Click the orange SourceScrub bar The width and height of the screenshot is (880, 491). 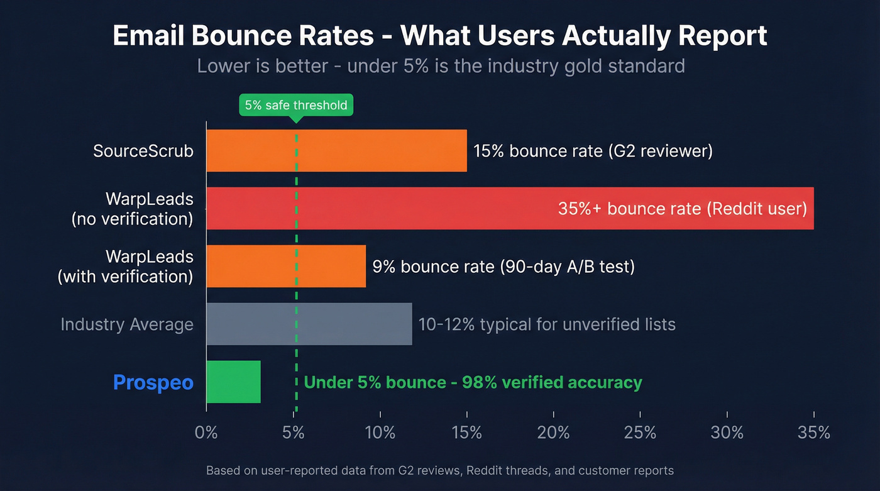(336, 151)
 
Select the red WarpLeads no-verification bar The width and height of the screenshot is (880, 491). (377, 209)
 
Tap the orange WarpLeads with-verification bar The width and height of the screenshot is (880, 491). (286, 267)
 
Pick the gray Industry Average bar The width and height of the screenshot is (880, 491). (309, 324)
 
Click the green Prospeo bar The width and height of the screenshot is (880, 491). (233, 382)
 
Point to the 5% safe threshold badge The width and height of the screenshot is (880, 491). (296, 105)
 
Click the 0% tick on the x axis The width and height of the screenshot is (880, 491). (206, 433)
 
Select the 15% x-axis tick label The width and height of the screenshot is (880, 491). (466, 433)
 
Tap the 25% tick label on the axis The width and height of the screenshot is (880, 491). (640, 433)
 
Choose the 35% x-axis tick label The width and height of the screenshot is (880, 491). (813, 433)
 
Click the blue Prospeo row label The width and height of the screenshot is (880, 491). (153, 382)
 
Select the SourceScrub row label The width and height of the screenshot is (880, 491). (143, 151)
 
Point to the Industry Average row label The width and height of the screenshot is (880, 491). (127, 324)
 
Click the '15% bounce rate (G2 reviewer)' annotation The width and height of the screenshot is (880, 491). (593, 151)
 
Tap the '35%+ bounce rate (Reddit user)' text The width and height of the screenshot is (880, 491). (682, 209)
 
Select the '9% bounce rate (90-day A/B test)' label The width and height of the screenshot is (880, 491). (503, 267)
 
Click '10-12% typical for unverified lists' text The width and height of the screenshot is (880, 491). (547, 324)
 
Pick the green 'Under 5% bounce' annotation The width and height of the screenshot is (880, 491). (473, 382)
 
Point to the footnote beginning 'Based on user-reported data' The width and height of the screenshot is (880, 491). (440, 470)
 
